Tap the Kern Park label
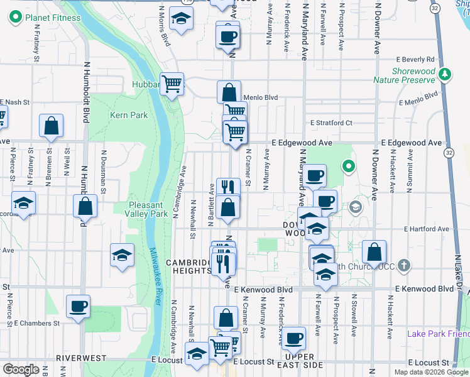pyautogui.click(x=129, y=115)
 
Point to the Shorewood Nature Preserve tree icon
pyautogui.click(x=445, y=75)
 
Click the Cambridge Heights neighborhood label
pyautogui.click(x=189, y=266)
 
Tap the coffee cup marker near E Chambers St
pyautogui.click(x=79, y=307)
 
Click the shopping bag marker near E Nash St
pyautogui.click(x=52, y=126)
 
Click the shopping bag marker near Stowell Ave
pyautogui.click(x=374, y=252)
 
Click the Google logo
pyautogui.click(x=21, y=369)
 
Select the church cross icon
pyautogui.click(x=403, y=265)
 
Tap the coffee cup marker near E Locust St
pyautogui.click(x=293, y=339)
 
